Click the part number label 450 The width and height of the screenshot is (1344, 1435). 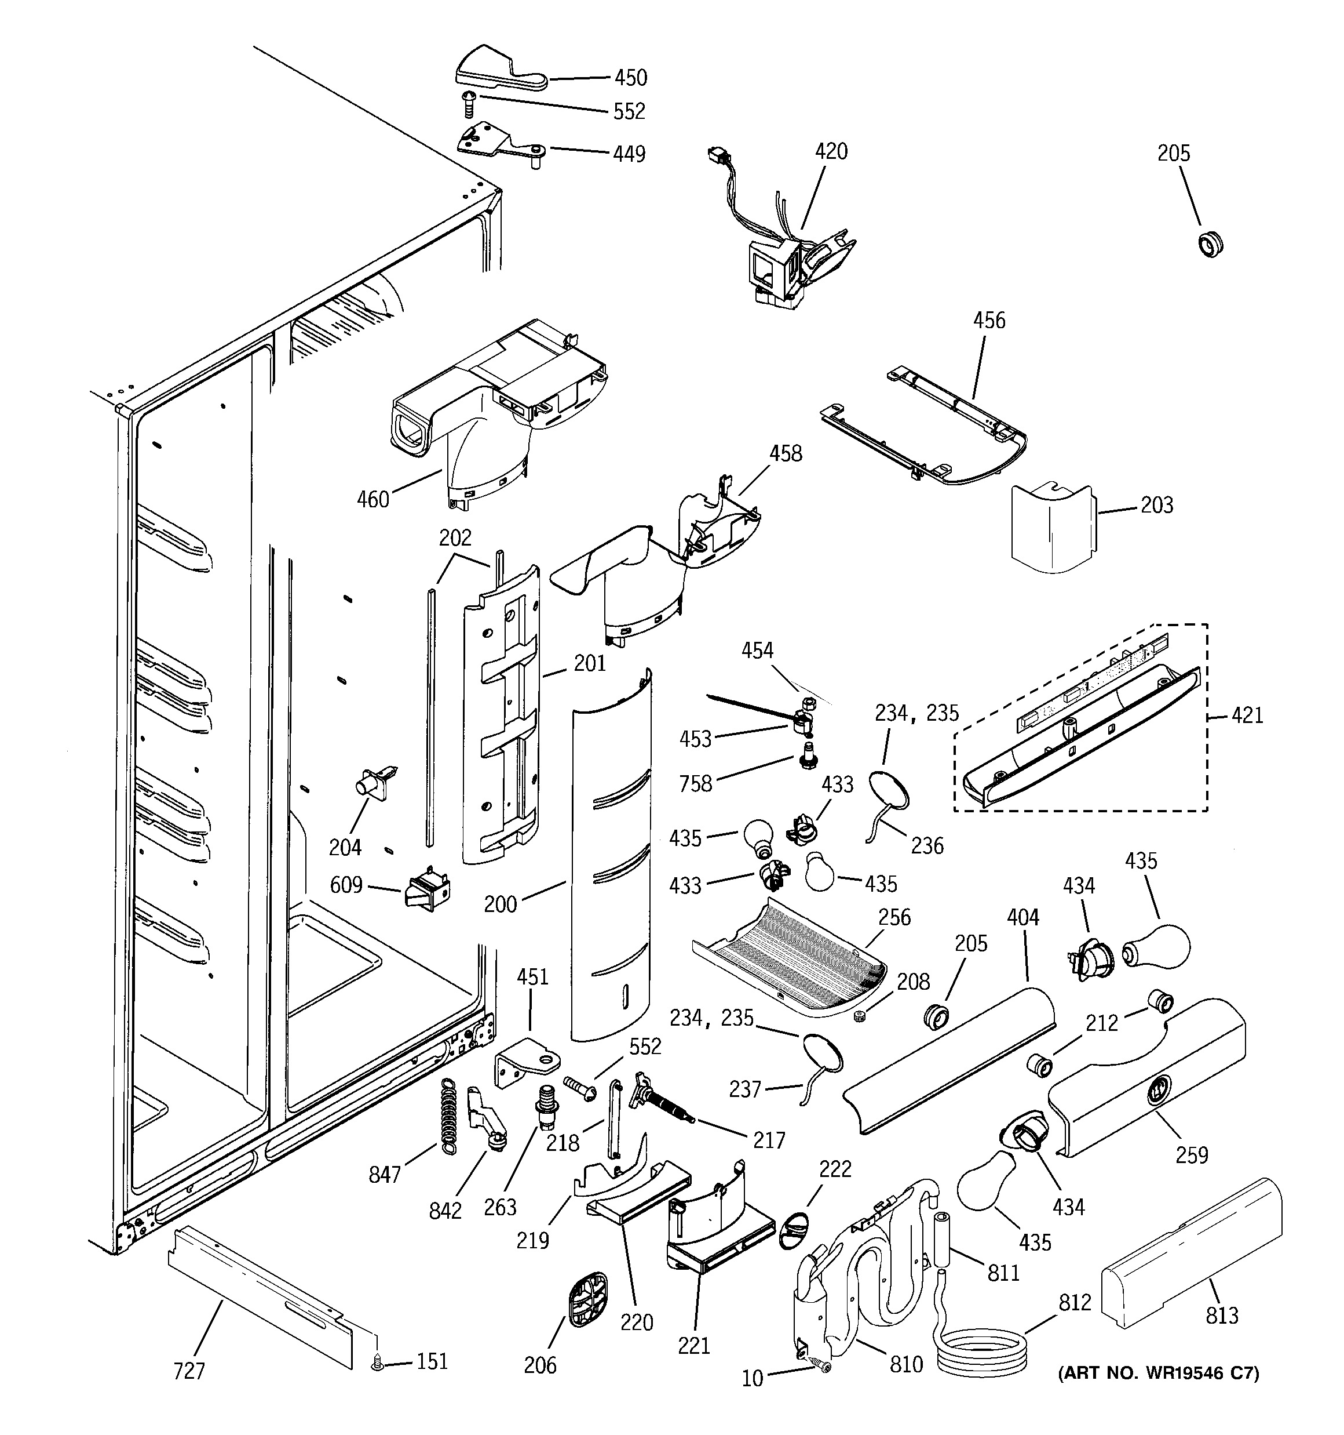pyautogui.click(x=630, y=77)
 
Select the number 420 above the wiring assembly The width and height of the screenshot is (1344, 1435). pyautogui.click(x=831, y=151)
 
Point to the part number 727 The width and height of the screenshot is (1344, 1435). pyautogui.click(x=189, y=1371)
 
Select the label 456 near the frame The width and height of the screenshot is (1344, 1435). pyautogui.click(x=988, y=321)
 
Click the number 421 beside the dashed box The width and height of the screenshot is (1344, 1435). pyautogui.click(x=1247, y=715)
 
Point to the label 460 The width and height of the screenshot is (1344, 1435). pyautogui.click(x=373, y=500)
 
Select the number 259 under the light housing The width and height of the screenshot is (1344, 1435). pyautogui.click(x=1191, y=1155)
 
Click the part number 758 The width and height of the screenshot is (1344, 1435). pyautogui.click(x=695, y=784)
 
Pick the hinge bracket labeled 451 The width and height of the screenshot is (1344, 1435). pyautogui.click(x=529, y=1065)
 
